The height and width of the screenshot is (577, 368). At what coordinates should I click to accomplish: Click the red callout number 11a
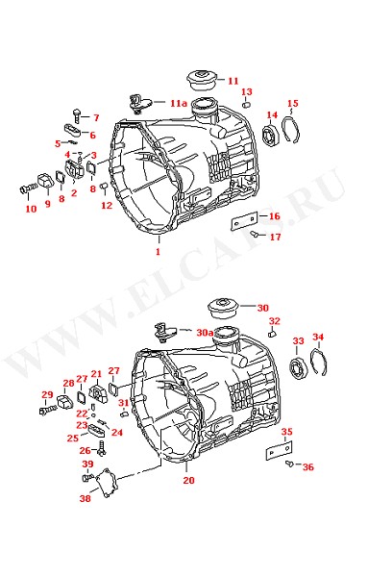pyautogui.click(x=179, y=103)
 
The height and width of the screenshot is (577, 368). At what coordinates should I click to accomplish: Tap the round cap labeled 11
pyautogui.click(x=202, y=79)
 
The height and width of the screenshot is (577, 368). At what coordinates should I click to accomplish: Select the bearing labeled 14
pyautogui.click(x=271, y=135)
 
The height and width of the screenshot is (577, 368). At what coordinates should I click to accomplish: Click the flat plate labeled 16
pyautogui.click(x=244, y=220)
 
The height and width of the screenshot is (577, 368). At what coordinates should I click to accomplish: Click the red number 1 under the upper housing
pyautogui.click(x=159, y=252)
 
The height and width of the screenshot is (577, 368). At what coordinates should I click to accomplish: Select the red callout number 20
pyautogui.click(x=188, y=480)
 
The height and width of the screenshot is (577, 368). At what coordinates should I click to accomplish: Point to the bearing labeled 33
pyautogui.click(x=298, y=367)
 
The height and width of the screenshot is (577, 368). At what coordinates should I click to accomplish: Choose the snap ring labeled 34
pyautogui.click(x=318, y=363)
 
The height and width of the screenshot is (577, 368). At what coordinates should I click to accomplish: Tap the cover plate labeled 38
pyautogui.click(x=107, y=483)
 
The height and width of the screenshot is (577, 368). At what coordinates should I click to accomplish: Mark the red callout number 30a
pyautogui.click(x=205, y=333)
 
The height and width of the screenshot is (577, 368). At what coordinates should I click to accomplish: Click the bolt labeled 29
pyautogui.click(x=47, y=410)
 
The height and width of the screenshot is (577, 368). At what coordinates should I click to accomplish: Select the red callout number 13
pyautogui.click(x=247, y=91)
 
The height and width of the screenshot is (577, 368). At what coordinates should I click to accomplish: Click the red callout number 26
pyautogui.click(x=86, y=450)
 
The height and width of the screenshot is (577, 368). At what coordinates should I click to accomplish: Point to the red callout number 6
pyautogui.click(x=92, y=135)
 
